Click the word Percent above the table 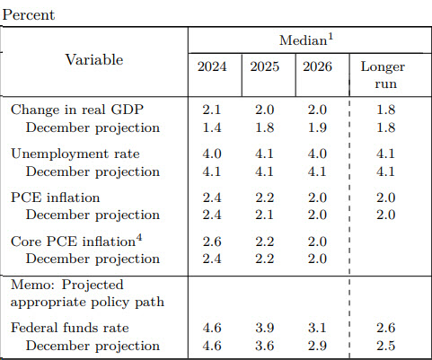click(29, 15)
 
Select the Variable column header click(94, 59)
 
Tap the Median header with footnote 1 click(306, 40)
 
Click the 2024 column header click(212, 66)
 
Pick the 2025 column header click(265, 66)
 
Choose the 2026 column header click(317, 66)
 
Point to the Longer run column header click(383, 75)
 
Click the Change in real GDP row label click(77, 110)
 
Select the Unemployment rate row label click(75, 154)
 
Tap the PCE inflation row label click(55, 198)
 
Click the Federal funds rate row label click(70, 328)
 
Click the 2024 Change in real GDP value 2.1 click(212, 110)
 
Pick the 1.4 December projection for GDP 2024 click(212, 127)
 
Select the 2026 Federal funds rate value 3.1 click(317, 328)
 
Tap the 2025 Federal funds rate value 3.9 click(265, 328)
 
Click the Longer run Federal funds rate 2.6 click(386, 328)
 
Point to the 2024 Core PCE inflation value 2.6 click(212, 241)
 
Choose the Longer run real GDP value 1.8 click(386, 110)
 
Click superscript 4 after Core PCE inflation click(139, 239)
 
